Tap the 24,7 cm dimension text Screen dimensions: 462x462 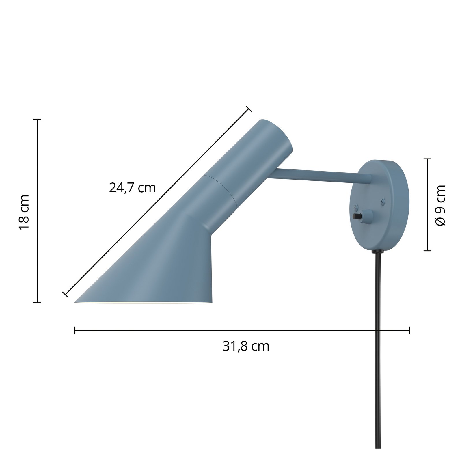click(132, 188)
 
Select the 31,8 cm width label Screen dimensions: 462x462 click(246, 346)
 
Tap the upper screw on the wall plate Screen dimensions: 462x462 click(383, 200)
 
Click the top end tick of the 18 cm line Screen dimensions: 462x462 click(37, 119)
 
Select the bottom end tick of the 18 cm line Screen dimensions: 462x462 click(37, 303)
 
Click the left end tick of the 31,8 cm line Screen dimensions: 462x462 click(75, 330)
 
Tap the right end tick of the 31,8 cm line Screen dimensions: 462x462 click(409, 330)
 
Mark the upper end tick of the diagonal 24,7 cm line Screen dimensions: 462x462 click(249, 109)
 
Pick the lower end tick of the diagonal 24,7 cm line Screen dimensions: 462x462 click(65, 294)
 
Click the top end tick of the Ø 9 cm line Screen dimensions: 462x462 click(427, 159)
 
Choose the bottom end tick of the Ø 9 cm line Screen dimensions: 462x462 click(427, 251)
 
